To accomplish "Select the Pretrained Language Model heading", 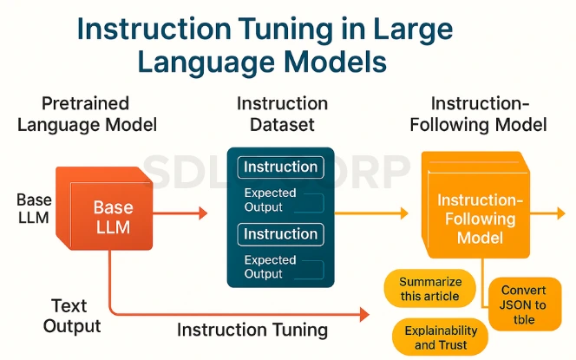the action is click(87, 114).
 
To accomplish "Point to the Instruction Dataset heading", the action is click(282, 114).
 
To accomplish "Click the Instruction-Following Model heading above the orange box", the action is click(478, 114).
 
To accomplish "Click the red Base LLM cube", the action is click(104, 209).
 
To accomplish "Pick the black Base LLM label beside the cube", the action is click(34, 209).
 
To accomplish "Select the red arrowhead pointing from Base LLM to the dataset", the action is click(203, 213).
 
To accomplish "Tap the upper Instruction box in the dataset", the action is click(281, 167).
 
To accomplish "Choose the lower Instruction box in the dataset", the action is click(281, 234).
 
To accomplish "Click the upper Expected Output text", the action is click(270, 200).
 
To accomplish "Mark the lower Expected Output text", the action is click(270, 266).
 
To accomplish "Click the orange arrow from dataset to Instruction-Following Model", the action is click(371, 213).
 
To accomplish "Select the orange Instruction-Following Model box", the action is click(475, 205).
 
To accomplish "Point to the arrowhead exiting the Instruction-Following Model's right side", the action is click(561, 213).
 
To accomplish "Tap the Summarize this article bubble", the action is click(429, 289).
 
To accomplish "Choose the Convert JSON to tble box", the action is click(525, 304).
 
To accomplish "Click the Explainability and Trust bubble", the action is click(441, 337).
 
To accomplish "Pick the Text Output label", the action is click(71, 316).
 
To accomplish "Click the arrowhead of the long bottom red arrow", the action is click(364, 314).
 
